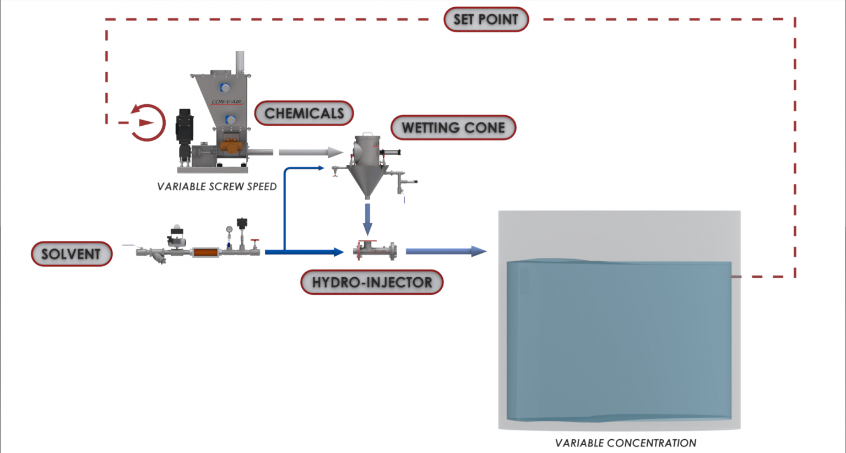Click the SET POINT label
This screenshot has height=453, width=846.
[x=486, y=20]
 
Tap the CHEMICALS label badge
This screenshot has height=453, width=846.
[x=304, y=114]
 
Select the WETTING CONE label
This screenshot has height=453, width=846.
[x=453, y=128]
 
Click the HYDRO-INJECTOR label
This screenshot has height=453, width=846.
[x=372, y=283]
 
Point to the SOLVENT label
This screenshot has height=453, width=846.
[x=72, y=254]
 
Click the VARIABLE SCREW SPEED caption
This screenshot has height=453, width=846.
[x=216, y=187]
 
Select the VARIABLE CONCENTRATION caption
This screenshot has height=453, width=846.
[x=625, y=443]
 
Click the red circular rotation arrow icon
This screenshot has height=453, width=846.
[x=147, y=122]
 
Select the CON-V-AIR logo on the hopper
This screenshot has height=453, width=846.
[x=226, y=102]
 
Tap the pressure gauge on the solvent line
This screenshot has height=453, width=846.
[x=229, y=230]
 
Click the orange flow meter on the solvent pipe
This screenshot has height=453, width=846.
[x=204, y=252]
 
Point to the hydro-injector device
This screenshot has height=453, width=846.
[x=375, y=251]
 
